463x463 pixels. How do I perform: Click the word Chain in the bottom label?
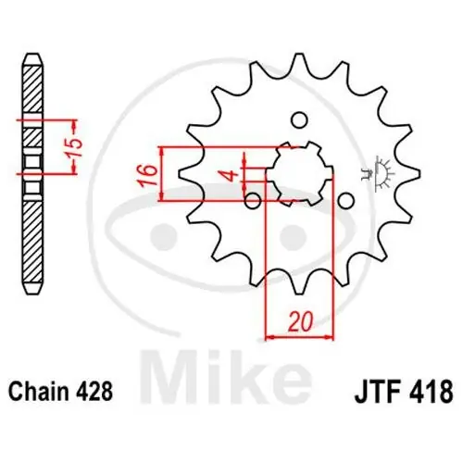tap(40, 392)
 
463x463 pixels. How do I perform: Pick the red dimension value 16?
tap(146, 173)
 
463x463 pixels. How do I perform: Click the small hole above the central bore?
tap(298, 119)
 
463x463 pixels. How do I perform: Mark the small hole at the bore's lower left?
tap(252, 199)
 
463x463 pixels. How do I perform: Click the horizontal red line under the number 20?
tap(298, 337)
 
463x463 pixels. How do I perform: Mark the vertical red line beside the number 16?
tap(163, 173)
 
